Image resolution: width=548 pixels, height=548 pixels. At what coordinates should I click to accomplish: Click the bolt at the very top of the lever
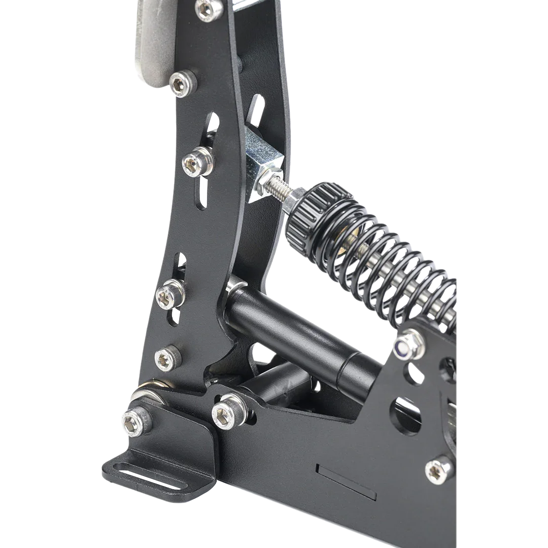[x=209, y=9]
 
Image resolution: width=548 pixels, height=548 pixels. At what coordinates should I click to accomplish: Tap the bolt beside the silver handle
[x=182, y=83]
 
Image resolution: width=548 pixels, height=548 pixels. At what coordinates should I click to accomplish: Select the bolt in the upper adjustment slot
[x=197, y=162]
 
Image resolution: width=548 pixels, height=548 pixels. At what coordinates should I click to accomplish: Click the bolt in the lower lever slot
[x=169, y=295]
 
